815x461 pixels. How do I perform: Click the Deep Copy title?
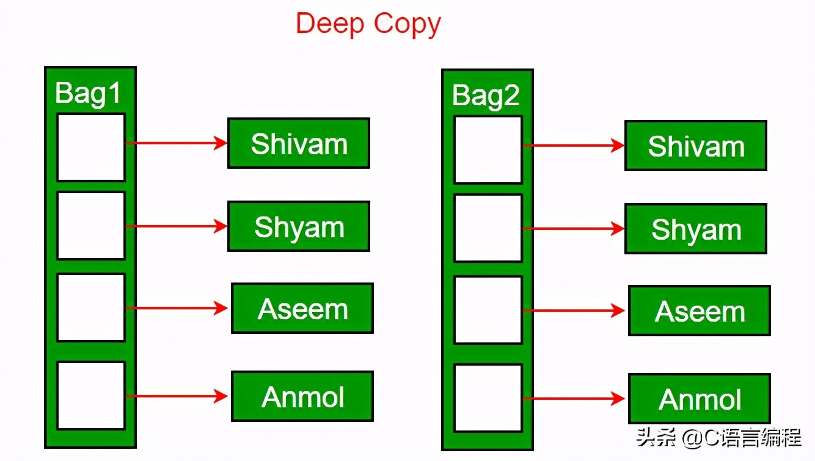pos(368,24)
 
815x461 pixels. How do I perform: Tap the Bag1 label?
pos(88,94)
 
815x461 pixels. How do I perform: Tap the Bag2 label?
pos(486,96)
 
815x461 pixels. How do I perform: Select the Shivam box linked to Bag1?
pos(299,144)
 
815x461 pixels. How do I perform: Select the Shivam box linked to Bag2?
pos(696,146)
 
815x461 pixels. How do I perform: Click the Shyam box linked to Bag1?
pos(299,227)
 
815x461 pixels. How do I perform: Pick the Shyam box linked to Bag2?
pos(696,229)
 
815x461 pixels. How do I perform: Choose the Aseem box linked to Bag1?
pos(302,308)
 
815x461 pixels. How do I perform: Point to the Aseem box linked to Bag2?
pos(700,311)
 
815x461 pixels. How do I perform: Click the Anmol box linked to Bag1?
pos(302,396)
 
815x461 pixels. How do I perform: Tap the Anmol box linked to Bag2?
pos(700,399)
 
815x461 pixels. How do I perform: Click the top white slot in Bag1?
pos(91,147)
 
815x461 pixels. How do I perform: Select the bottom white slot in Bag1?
pos(91,396)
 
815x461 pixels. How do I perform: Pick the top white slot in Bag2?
pos(488,150)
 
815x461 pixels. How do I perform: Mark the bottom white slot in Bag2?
pos(488,398)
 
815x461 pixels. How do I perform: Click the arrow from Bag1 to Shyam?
pos(177,226)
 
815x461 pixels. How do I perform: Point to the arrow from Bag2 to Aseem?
pos(574,311)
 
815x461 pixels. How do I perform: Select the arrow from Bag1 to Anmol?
pos(177,396)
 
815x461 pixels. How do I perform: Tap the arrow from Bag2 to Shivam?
pos(574,146)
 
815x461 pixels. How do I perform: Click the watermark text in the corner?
pos(718,437)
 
